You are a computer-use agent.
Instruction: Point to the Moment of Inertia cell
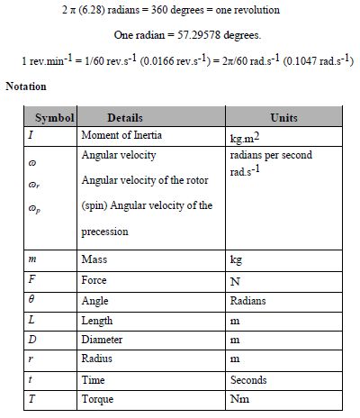(x=121, y=134)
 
